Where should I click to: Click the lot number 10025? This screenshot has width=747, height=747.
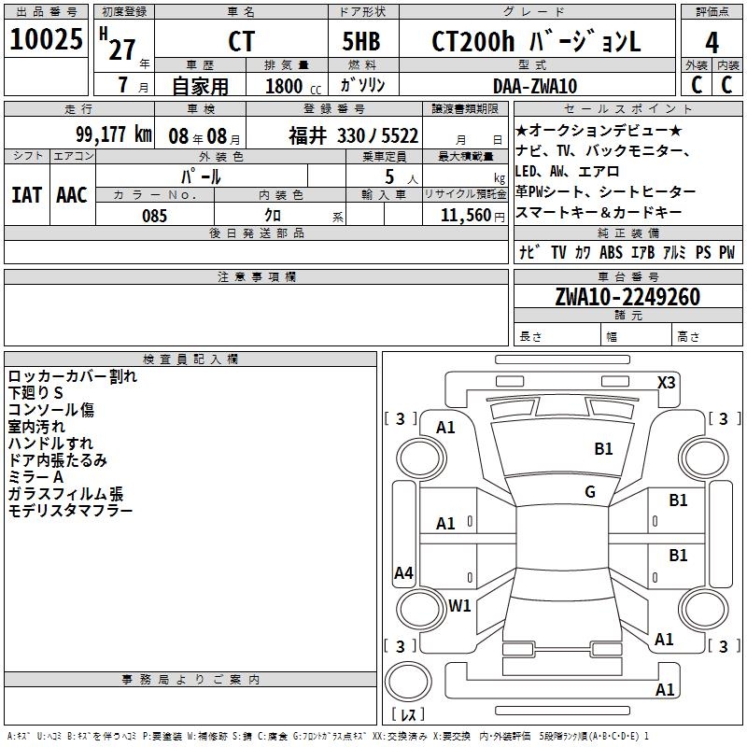tap(46, 41)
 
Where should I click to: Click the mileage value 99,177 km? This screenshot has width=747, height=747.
tap(114, 134)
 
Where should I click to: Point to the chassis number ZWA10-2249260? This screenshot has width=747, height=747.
tap(627, 297)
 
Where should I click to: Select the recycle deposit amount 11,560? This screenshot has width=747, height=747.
tap(465, 215)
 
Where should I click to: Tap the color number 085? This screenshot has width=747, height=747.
tap(154, 215)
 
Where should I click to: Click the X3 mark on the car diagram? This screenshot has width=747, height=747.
tap(667, 382)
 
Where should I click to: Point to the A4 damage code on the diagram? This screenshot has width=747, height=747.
tap(403, 573)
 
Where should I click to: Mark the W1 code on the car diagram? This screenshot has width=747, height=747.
tap(459, 605)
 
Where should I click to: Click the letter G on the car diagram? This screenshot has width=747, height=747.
tap(590, 492)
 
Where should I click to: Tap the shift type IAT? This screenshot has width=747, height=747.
tap(26, 194)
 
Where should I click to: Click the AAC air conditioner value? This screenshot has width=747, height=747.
tap(72, 194)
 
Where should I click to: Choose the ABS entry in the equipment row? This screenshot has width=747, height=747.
tap(611, 252)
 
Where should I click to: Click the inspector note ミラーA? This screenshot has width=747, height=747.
tap(36, 477)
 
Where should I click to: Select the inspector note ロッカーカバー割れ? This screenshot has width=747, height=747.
tap(72, 376)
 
